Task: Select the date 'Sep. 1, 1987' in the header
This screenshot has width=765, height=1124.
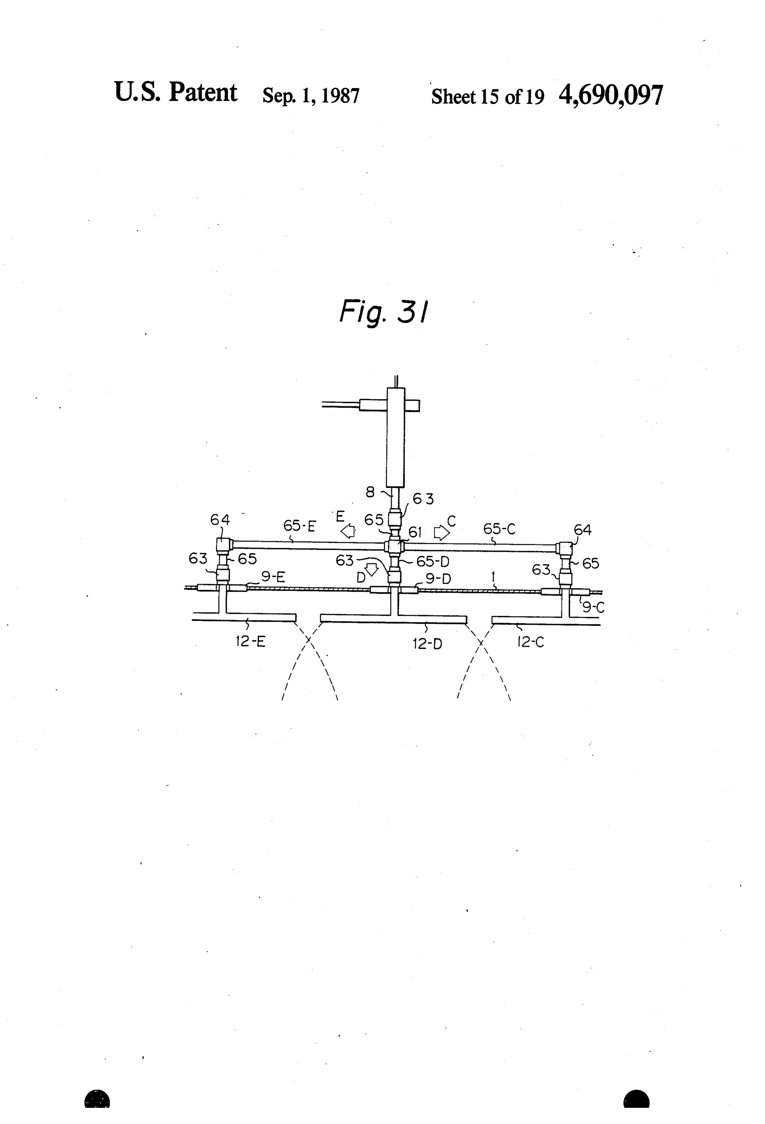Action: click(311, 95)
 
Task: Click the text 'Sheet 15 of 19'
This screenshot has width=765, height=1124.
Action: click(487, 96)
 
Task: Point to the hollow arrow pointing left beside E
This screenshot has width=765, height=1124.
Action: click(348, 532)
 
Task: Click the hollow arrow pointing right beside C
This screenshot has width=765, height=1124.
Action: click(441, 533)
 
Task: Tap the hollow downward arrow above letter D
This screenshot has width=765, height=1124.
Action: click(371, 569)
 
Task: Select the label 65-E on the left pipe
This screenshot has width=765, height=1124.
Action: click(299, 526)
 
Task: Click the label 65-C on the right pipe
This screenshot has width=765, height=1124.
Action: click(499, 529)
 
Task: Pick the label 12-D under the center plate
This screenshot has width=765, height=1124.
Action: click(427, 644)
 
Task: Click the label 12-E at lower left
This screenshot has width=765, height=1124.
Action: click(251, 642)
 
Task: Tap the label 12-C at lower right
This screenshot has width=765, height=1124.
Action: click(531, 642)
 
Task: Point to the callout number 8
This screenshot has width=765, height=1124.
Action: click(370, 492)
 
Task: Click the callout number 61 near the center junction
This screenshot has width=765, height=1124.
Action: click(415, 533)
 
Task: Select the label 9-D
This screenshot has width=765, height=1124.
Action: click(438, 579)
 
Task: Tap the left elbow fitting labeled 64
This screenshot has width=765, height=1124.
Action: click(224, 545)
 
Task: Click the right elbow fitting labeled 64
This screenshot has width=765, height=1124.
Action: click(564, 548)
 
